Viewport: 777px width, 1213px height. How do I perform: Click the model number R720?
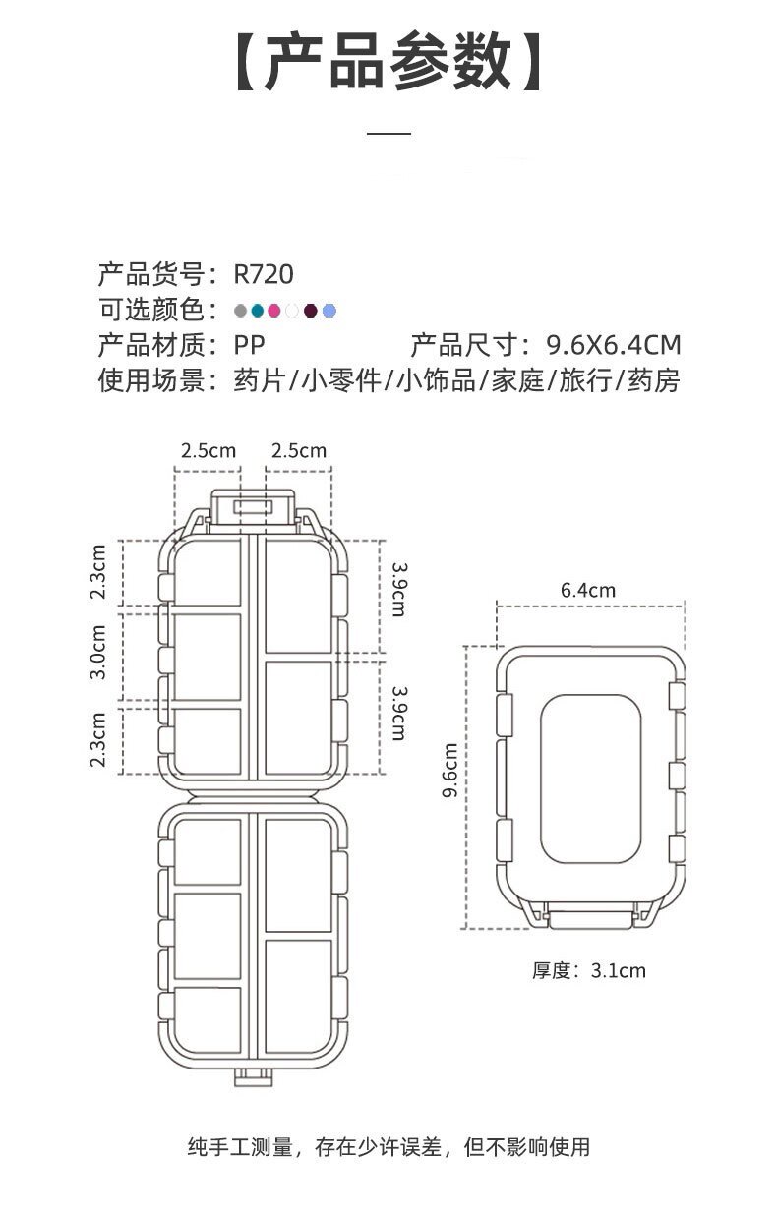[264, 273]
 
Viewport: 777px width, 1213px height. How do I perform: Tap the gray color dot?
[240, 311]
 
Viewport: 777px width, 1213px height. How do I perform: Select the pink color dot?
[274, 311]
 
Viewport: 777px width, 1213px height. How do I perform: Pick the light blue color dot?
[329, 311]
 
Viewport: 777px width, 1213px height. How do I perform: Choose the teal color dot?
[257, 311]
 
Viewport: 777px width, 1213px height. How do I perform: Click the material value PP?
[249, 345]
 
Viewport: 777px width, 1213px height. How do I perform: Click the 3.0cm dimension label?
[98, 652]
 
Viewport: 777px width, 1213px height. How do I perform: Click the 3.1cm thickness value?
[618, 970]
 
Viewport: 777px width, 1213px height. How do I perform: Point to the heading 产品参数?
[388, 61]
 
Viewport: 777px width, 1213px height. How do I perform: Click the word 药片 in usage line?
[259, 380]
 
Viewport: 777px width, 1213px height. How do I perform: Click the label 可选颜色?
[156, 311]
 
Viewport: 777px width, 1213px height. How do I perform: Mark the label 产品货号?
[156, 273]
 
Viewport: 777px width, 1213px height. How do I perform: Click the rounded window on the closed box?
[590, 774]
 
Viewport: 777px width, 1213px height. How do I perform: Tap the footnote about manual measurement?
[388, 1146]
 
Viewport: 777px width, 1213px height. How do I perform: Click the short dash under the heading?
[388, 132]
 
